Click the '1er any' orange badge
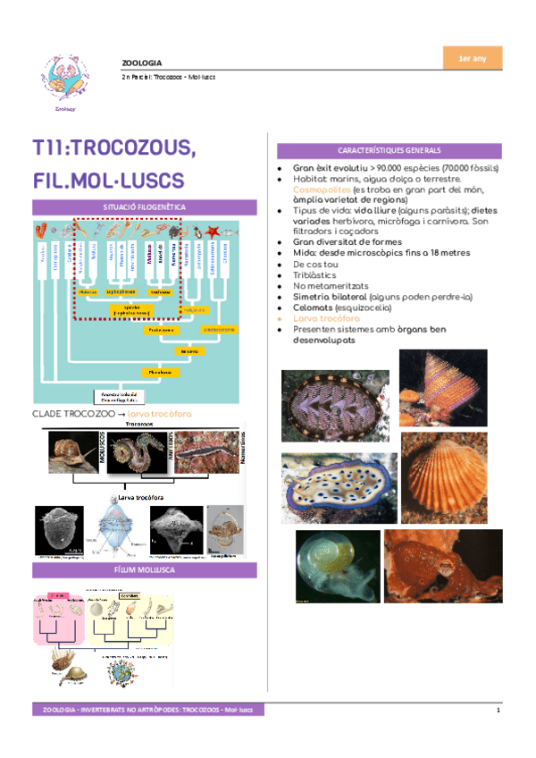tap(472, 59)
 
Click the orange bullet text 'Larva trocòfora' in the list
tap(326, 317)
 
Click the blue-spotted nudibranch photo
tap(334, 484)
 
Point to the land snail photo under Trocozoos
tap(72, 452)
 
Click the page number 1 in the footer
tap(499, 711)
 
